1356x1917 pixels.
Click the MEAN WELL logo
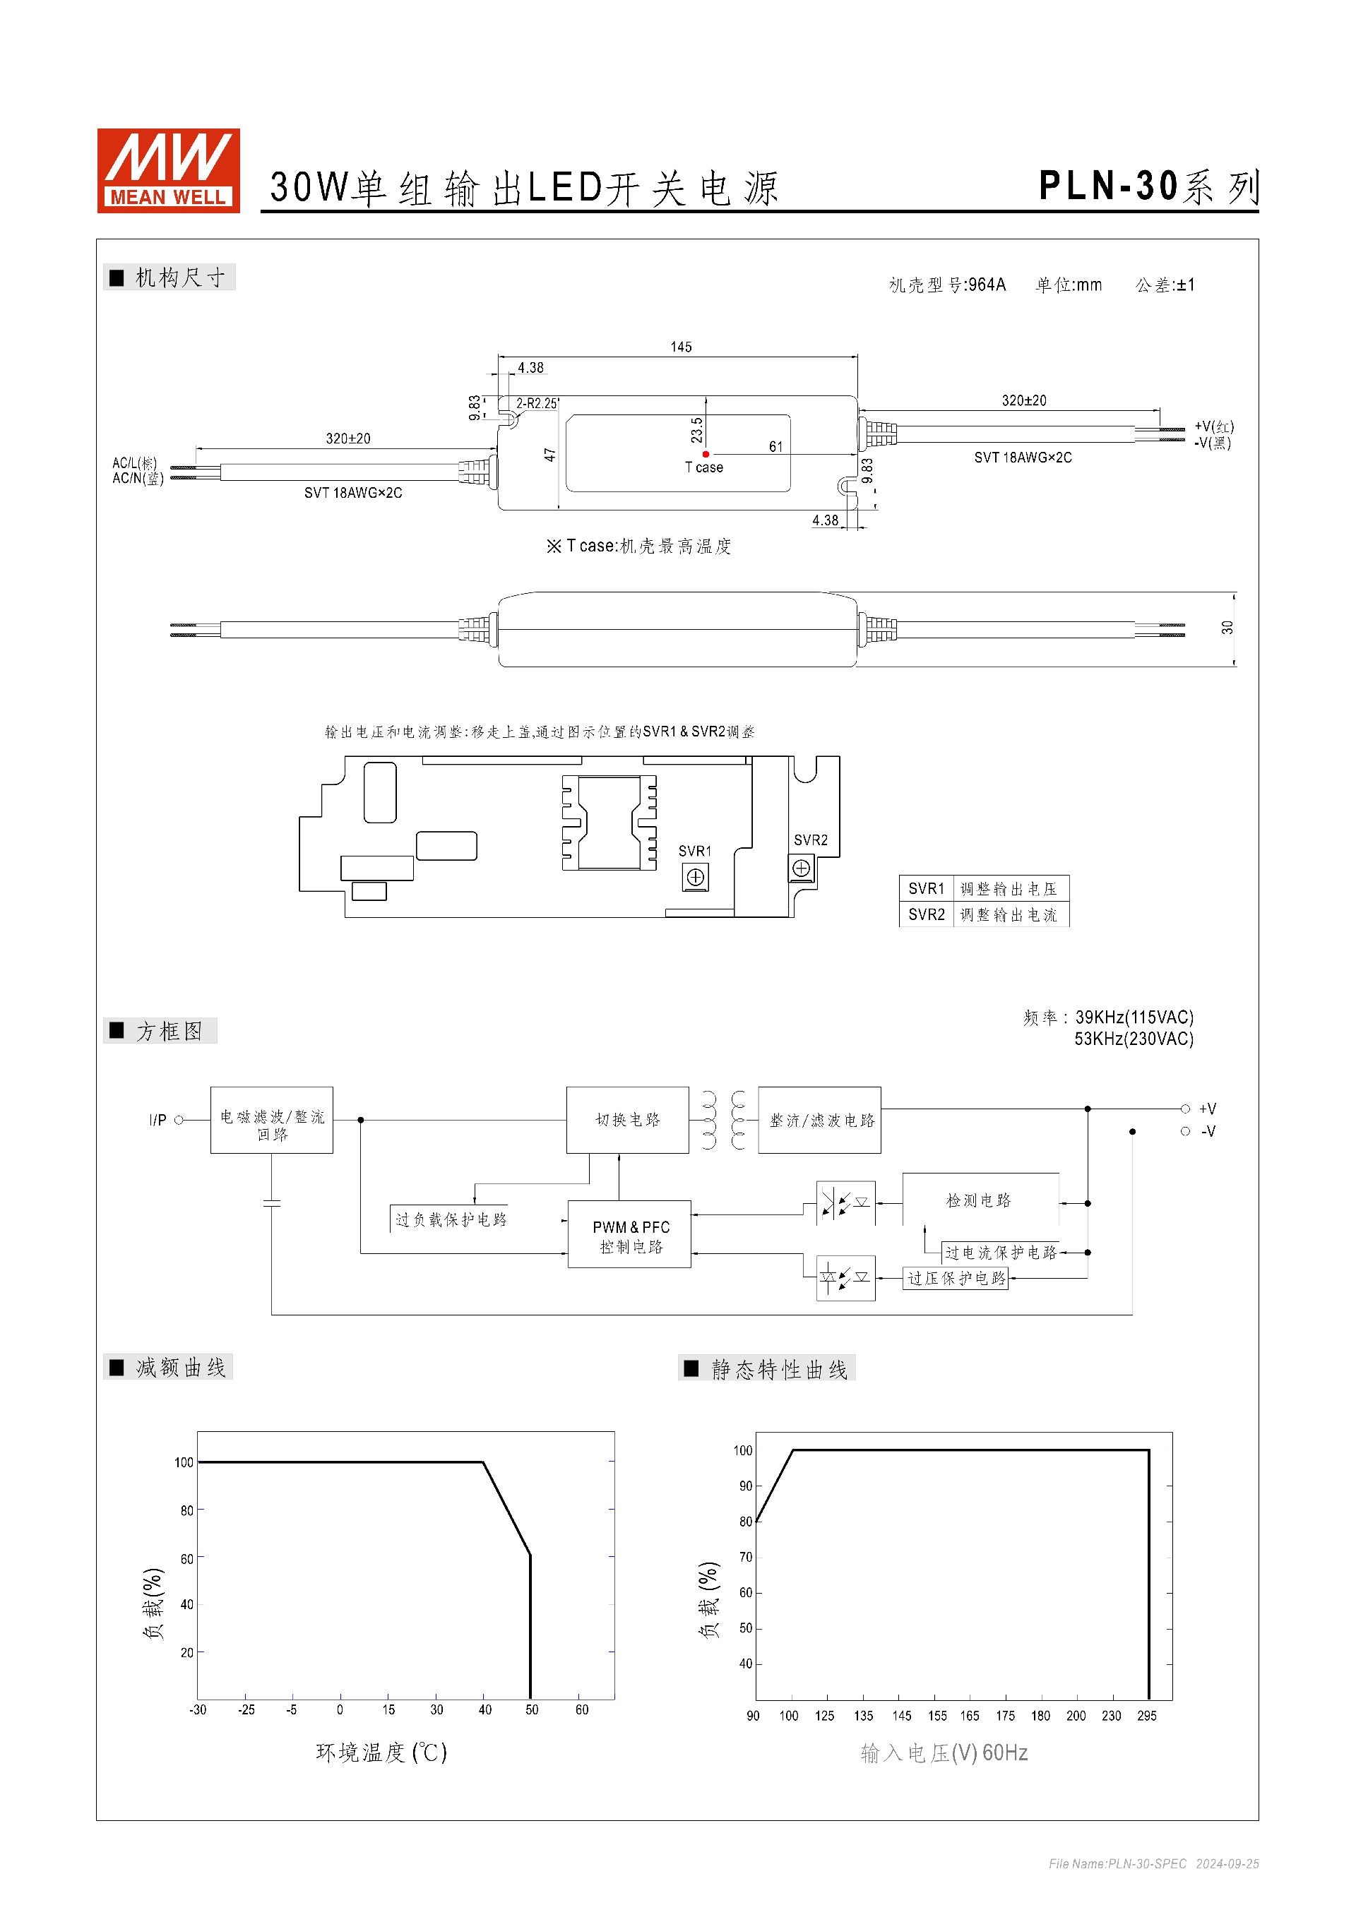coord(169,170)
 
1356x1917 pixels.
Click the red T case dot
coord(706,454)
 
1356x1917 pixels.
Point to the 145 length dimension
coord(681,347)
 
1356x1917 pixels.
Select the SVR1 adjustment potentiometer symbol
coord(695,878)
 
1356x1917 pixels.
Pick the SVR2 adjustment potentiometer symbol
coord(801,868)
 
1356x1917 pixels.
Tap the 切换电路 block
coord(627,1121)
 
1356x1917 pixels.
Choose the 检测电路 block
coord(979,1200)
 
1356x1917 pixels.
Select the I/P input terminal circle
coord(179,1121)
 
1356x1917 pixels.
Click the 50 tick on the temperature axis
coord(532,1710)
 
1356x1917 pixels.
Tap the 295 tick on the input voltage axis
coord(1146,1716)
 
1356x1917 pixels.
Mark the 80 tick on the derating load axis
coord(186,1510)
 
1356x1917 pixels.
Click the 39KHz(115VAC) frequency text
coord(1134,1017)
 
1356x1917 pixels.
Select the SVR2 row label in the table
coord(926,915)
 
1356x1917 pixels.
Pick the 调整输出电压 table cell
coord(1009,889)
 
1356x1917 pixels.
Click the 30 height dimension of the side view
coord(1227,628)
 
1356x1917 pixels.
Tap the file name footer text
coord(1153,1863)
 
